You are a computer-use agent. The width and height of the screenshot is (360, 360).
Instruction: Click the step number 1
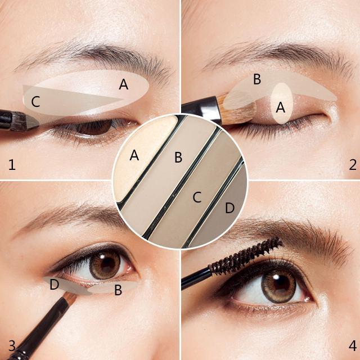[12, 165]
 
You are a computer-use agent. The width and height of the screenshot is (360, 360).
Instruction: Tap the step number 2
[353, 165]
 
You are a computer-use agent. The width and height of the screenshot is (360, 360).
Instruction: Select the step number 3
[12, 345]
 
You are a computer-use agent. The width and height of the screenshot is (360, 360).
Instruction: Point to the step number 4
[353, 345]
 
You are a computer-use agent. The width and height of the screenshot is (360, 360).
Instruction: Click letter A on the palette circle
[134, 155]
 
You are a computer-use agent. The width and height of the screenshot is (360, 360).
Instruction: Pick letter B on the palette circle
[178, 157]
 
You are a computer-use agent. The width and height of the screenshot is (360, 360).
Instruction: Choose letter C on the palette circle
[197, 197]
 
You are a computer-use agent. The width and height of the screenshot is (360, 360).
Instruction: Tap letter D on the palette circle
[229, 208]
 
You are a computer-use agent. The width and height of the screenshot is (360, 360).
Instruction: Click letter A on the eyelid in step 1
[124, 84]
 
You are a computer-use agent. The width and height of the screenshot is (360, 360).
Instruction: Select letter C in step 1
[35, 102]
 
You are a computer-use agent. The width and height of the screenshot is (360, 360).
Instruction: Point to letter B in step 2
[257, 79]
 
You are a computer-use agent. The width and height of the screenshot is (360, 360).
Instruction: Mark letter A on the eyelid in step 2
[281, 107]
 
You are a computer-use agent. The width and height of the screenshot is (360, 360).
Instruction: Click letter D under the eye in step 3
[55, 284]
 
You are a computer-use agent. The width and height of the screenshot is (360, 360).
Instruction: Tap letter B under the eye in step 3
[118, 290]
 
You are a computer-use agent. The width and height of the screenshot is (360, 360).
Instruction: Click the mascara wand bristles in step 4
[246, 256]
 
